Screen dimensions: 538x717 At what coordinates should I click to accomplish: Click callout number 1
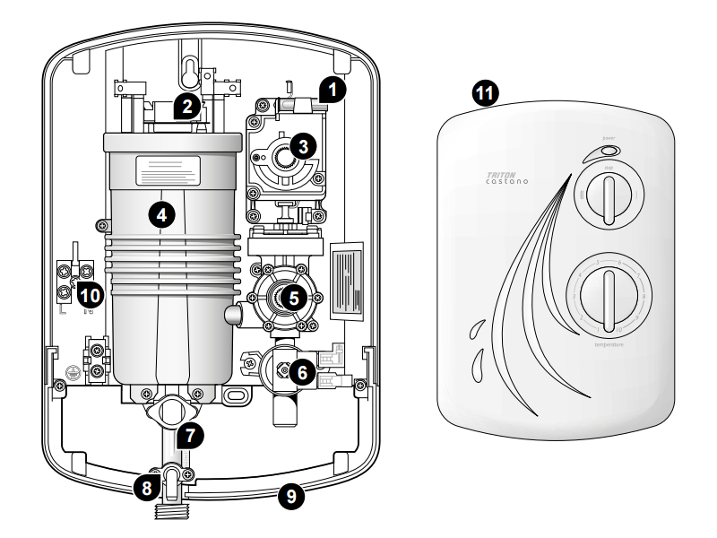click(x=333, y=89)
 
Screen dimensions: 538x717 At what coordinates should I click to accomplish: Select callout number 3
click(x=304, y=147)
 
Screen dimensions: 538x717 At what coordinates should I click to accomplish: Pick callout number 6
click(x=302, y=369)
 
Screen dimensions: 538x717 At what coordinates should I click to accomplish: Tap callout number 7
click(x=189, y=435)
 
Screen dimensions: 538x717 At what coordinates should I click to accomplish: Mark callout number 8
click(x=145, y=490)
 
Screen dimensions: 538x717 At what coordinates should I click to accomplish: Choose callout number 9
click(x=289, y=496)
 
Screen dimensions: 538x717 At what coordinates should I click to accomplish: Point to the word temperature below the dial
click(x=608, y=344)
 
